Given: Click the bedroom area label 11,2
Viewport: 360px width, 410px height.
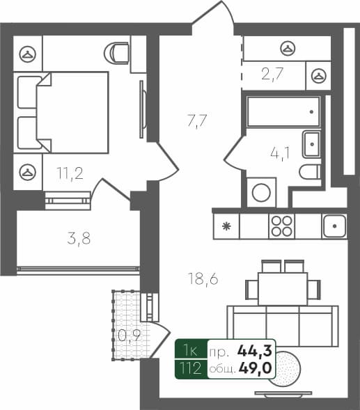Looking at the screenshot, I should pos(70,173).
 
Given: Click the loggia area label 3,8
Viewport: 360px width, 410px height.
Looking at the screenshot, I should pos(79,238).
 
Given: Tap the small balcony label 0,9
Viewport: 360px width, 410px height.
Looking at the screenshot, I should pos(127,336).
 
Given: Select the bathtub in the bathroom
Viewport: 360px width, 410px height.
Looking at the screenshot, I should pos(283,111).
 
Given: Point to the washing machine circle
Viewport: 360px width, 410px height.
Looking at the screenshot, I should pos(261,192).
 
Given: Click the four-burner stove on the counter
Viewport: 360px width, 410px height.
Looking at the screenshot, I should pos(282,226).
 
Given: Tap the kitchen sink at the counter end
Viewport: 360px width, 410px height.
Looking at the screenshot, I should pos(335,226).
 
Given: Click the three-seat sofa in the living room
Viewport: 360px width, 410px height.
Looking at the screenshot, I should pos(285,324).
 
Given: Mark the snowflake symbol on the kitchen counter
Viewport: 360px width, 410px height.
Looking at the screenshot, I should pos(226,226).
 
